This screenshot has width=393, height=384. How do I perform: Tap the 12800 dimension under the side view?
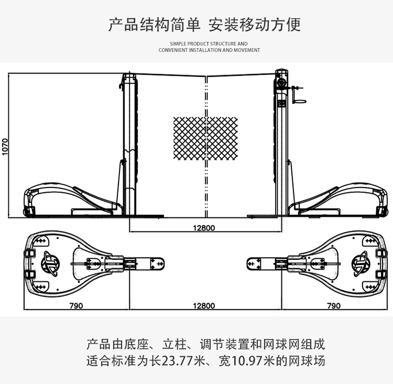[203, 227]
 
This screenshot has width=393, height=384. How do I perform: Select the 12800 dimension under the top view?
[203, 305]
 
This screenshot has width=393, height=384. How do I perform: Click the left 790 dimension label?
[76, 305]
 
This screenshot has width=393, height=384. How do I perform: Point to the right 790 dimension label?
[333, 305]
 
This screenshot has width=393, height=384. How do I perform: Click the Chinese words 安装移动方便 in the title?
[254, 24]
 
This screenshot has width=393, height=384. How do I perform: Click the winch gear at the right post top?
[281, 82]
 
